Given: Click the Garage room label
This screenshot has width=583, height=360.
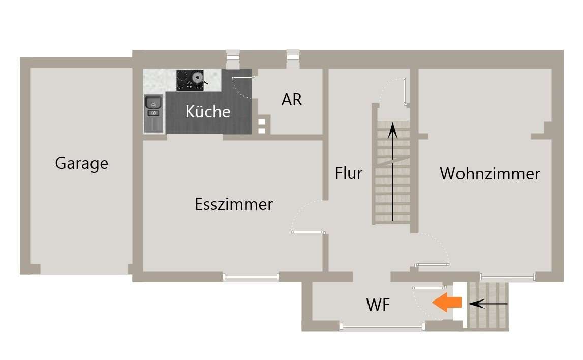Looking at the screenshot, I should click(x=81, y=163).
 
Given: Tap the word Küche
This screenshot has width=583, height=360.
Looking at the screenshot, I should click(x=208, y=111).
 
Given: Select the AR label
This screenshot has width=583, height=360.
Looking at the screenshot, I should click(x=292, y=100).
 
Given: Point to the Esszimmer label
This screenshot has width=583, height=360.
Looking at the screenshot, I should click(x=234, y=204).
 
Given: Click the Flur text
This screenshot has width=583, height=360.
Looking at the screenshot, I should click(x=349, y=173).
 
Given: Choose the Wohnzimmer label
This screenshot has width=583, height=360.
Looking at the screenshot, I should click(x=489, y=174).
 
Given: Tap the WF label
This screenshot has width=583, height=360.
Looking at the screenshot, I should click(x=378, y=305).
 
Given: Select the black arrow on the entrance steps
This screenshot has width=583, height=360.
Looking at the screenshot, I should click(x=488, y=304).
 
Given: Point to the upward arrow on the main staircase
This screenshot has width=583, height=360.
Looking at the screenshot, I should click(x=392, y=173).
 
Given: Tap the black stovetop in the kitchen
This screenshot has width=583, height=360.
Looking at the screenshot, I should click(x=190, y=80).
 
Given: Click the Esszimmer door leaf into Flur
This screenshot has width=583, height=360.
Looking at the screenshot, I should click(x=308, y=232).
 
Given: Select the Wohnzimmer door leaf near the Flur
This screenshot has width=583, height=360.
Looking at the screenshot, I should click(x=432, y=265).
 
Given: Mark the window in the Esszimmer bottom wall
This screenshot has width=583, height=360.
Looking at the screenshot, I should click(x=251, y=277).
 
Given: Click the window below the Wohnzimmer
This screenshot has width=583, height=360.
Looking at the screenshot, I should click(x=507, y=277).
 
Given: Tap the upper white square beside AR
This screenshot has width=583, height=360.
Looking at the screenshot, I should click(x=262, y=122).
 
